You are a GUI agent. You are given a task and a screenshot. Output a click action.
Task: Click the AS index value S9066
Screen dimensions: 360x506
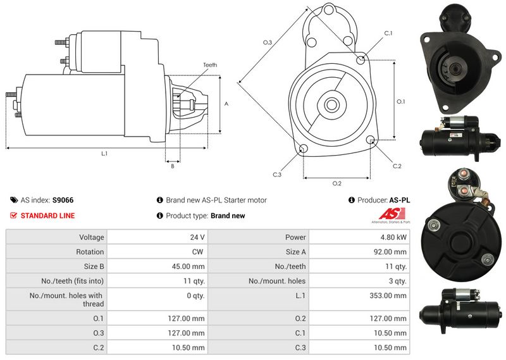pos(63,200)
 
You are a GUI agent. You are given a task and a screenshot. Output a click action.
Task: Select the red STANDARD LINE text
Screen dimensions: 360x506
pos(47,216)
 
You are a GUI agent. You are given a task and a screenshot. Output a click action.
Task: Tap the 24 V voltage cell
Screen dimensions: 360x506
pos(197,237)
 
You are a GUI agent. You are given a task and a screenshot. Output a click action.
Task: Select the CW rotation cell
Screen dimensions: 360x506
pos(199,252)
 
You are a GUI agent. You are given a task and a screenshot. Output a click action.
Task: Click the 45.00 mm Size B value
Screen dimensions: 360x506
pos(189,266)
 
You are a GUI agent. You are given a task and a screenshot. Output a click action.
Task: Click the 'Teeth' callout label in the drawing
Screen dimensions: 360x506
pos(210,65)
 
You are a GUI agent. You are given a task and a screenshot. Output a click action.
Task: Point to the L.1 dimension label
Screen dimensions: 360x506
pos(104,154)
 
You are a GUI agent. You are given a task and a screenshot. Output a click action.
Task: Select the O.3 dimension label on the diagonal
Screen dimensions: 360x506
pos(268,42)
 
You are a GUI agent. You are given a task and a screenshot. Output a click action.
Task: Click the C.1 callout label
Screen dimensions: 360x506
pos(388,33)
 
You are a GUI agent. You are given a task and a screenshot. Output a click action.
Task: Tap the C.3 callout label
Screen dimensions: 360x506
pos(277,175)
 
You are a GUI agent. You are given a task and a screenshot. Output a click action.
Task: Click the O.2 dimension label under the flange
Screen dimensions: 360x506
pos(336,183)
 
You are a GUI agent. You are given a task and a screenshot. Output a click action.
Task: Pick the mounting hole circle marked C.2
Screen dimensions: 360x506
pos(370,140)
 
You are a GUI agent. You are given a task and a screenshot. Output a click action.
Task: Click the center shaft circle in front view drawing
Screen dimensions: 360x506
pos(331,104)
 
